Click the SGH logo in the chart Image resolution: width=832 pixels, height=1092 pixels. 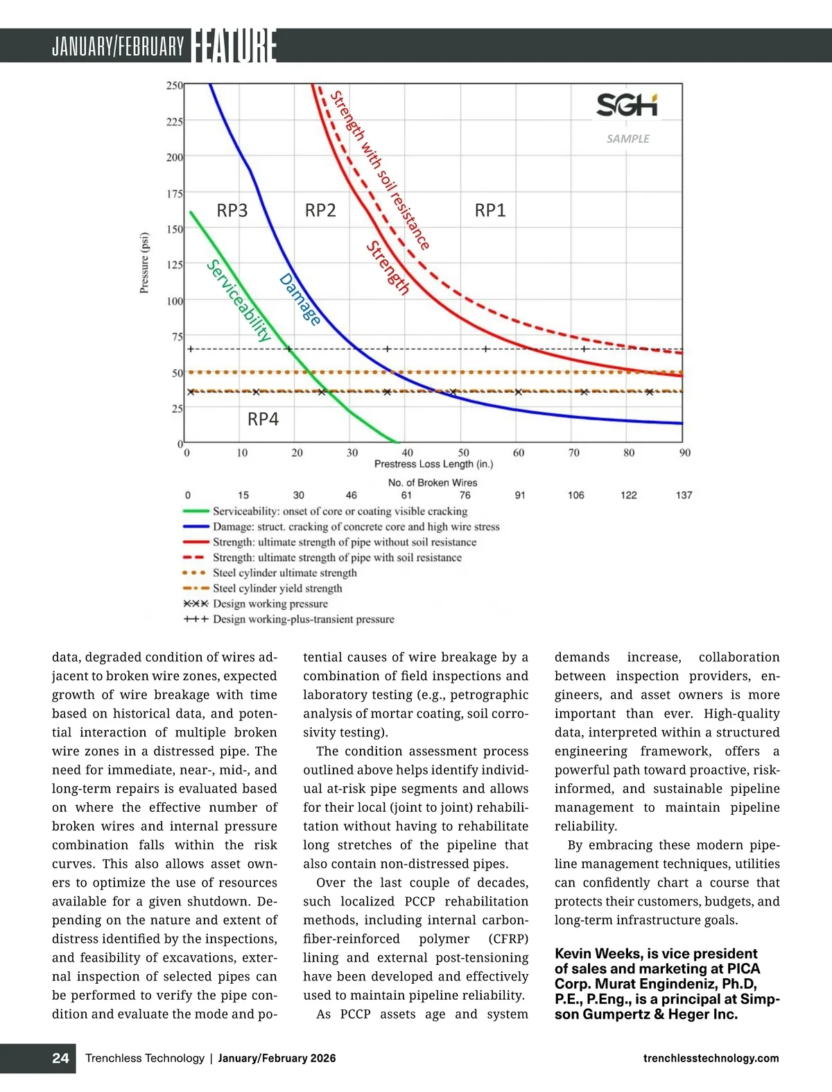point(627,105)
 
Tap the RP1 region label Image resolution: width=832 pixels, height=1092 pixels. point(490,210)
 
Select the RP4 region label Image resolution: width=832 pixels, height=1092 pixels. point(263,419)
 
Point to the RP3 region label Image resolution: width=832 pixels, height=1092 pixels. point(232,210)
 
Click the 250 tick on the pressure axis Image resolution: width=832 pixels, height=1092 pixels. point(175,85)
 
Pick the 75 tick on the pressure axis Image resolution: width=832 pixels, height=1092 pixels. point(177,337)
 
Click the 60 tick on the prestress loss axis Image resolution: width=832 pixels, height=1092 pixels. point(519,453)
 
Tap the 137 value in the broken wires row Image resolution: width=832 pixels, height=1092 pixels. point(684,495)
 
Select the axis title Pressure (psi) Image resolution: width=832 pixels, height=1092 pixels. point(144,263)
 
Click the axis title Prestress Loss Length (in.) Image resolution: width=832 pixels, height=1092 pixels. point(433,464)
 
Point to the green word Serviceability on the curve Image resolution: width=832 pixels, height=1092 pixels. point(239,300)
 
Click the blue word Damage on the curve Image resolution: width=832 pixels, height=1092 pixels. point(300,300)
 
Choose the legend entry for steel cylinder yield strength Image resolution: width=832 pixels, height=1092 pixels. point(277,588)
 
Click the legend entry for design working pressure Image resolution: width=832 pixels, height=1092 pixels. point(270,604)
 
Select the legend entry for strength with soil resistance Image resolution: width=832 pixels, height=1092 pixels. point(337,557)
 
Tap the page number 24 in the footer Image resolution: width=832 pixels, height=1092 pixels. point(60,1058)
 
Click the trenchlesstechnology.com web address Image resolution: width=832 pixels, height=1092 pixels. point(711,1058)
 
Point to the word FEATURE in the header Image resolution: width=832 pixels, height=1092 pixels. point(234,46)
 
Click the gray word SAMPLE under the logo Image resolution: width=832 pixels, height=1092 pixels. point(628,139)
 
